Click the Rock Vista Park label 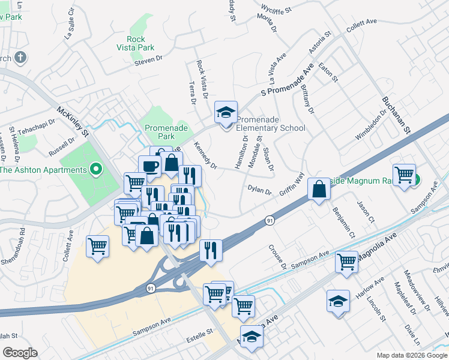click(136, 43)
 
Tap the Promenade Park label click(166, 132)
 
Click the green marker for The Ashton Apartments click(94, 170)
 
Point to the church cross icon click(20, 58)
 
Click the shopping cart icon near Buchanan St click(405, 175)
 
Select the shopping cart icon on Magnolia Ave click(346, 262)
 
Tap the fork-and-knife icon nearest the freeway click(210, 250)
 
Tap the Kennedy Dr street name click(206, 155)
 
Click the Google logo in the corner click(20, 352)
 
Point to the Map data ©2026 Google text click(411, 355)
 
